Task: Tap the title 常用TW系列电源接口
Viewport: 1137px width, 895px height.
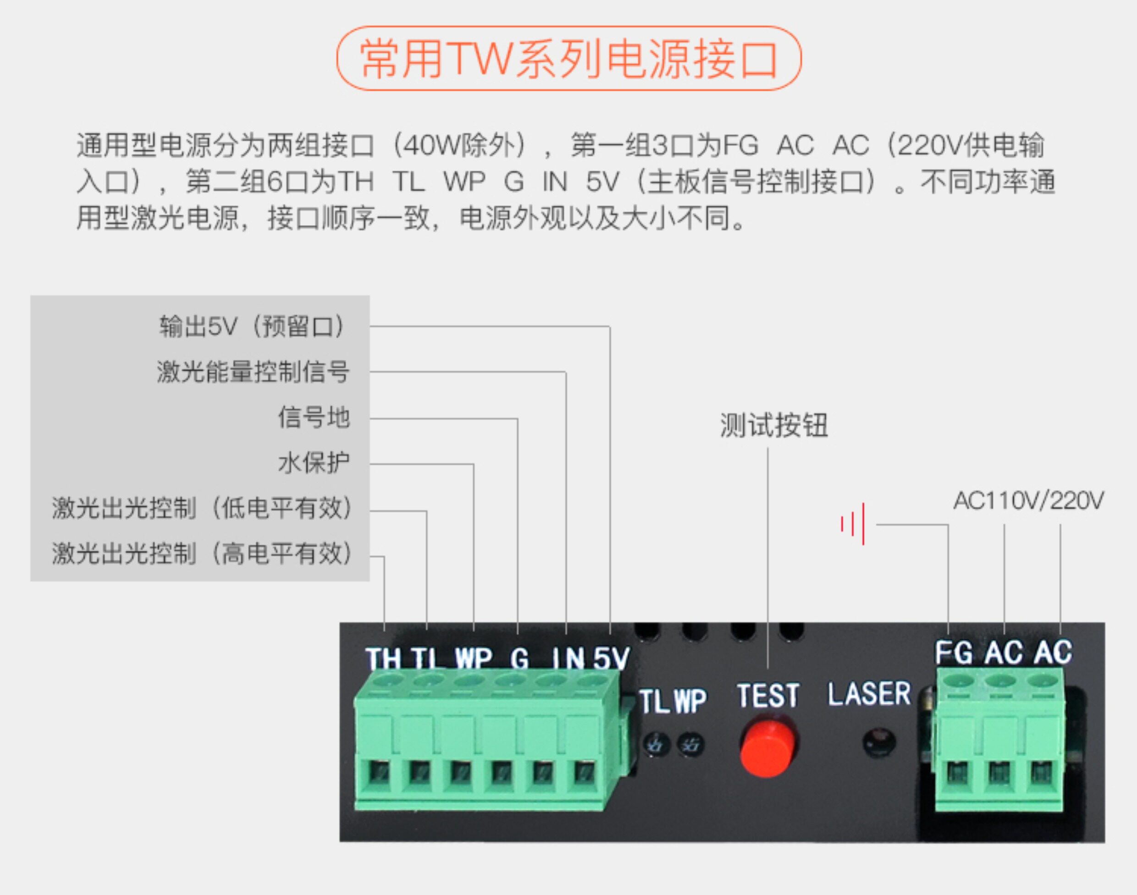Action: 568,59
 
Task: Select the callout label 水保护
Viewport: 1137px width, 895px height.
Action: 313,463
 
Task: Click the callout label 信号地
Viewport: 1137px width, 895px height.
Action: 313,418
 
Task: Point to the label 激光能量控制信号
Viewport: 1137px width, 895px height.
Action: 253,372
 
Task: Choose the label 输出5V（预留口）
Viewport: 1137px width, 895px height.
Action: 253,326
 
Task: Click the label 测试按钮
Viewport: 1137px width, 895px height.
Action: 773,425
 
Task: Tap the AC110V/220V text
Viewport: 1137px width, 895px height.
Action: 1028,501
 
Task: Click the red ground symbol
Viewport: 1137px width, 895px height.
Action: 852,524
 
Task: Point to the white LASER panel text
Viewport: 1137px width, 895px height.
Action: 869,694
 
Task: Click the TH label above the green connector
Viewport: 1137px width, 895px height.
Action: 383,659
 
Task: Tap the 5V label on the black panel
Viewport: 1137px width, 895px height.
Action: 611,659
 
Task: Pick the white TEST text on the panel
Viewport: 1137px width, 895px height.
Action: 768,696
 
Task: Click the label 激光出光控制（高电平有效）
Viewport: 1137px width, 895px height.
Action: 202,553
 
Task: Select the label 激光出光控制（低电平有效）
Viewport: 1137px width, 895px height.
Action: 202,508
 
